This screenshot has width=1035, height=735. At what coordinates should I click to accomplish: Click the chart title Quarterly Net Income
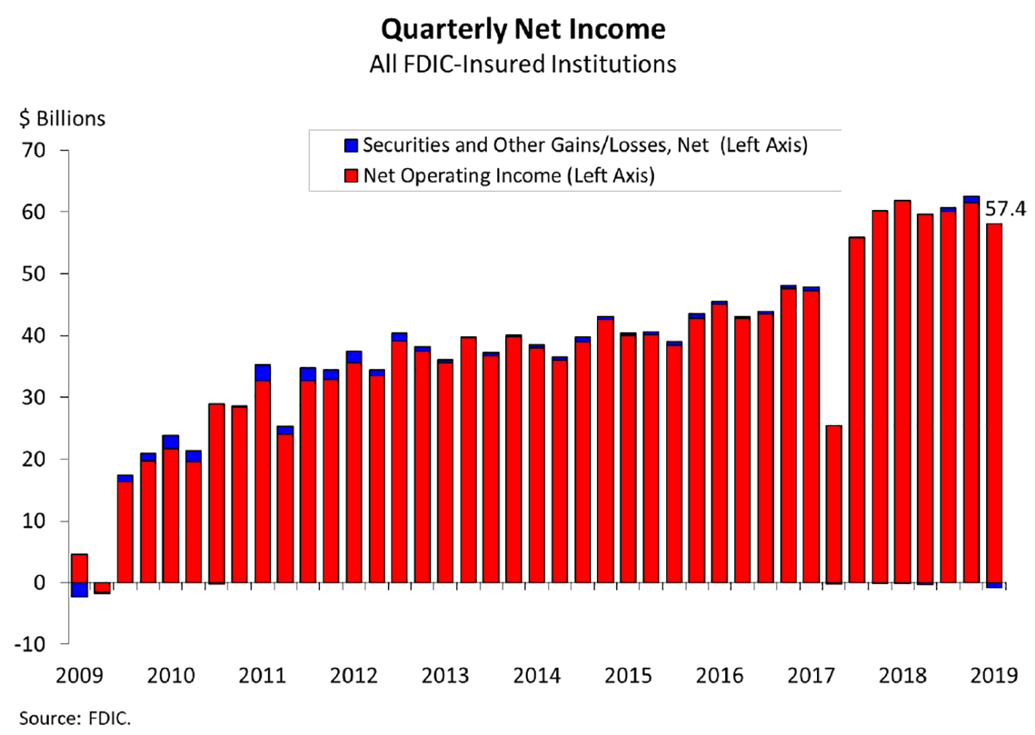pos(523,29)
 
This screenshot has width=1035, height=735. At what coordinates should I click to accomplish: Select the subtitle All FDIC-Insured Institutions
pos(523,64)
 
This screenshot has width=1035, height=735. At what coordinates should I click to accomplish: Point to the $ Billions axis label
pos(62,118)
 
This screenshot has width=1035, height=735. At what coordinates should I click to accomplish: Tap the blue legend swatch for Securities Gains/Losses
pos(351,145)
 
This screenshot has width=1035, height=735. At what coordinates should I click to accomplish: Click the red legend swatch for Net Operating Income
pos(351,176)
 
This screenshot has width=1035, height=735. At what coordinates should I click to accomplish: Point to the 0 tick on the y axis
pos(39,583)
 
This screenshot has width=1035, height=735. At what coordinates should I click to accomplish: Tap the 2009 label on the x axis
pos(79,676)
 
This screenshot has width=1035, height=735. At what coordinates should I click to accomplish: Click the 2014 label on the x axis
pos(536,676)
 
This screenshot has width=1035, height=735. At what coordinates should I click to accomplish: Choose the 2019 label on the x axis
pos(993,676)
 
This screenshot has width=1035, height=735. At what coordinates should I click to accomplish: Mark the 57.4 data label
pos(1005,209)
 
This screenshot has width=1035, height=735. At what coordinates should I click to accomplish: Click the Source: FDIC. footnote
pos(74,718)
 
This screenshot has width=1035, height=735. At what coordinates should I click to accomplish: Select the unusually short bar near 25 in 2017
pos(834,503)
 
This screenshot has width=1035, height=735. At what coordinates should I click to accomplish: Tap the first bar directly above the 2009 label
pos(79,568)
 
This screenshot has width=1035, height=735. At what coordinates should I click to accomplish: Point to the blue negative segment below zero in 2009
pos(79,590)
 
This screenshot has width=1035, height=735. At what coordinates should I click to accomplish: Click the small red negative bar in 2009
pos(102,588)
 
